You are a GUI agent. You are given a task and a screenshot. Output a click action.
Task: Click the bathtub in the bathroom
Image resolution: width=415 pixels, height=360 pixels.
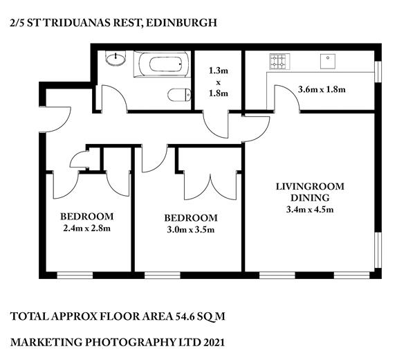[162, 64]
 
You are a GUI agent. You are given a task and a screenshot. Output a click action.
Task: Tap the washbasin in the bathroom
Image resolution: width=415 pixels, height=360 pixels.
[116, 58]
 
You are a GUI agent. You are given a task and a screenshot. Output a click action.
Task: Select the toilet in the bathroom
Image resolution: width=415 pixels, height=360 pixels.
[179, 95]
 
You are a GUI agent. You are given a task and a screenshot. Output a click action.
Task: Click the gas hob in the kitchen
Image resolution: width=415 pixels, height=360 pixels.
[279, 62]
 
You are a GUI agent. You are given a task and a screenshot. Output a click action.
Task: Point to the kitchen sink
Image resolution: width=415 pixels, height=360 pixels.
[328, 61]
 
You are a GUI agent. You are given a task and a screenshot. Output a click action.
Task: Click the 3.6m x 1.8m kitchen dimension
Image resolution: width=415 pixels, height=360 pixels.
[322, 89]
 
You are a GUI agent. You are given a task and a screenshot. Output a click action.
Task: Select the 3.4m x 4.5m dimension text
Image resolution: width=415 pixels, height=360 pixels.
[310, 210]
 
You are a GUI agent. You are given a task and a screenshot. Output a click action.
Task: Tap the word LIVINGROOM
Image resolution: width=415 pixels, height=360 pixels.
[310, 186]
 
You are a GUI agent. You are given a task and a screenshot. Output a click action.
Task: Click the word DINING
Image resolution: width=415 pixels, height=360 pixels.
[310, 198]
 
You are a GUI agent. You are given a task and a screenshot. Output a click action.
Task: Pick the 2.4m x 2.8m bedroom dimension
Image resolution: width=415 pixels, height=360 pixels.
[87, 228]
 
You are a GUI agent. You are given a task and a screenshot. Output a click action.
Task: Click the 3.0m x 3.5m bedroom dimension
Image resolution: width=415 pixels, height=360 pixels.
[191, 230]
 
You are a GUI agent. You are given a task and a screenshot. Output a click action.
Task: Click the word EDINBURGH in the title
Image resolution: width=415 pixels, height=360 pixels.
[181, 23]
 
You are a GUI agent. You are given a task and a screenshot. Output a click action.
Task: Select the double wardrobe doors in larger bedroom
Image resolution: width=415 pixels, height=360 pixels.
[210, 188]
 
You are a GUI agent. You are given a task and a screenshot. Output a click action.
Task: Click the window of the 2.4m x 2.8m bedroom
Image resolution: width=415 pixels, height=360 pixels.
[75, 276]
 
